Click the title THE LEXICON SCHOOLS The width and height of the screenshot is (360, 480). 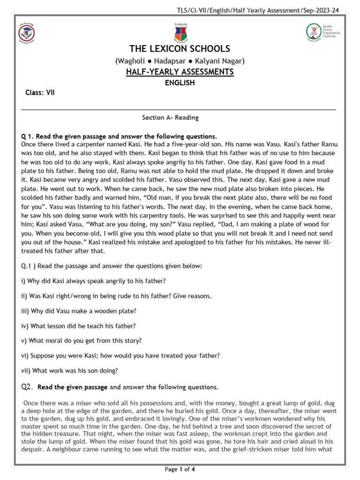click(x=180, y=49)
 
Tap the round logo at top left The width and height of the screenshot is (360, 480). click(x=26, y=33)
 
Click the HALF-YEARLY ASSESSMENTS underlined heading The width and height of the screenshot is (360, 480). click(x=180, y=72)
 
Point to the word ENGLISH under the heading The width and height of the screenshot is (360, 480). click(x=180, y=83)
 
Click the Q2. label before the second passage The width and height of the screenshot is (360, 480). click(x=27, y=387)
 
